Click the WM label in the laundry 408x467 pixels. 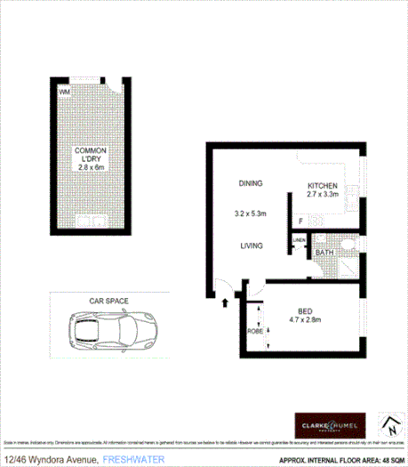pyautogui.click(x=64, y=92)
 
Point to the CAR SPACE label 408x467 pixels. pyautogui.click(x=108, y=302)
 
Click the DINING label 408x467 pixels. pyautogui.click(x=250, y=184)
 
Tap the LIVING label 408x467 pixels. pyautogui.click(x=250, y=246)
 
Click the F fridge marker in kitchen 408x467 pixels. pyautogui.click(x=300, y=221)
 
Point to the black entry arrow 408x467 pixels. pyautogui.click(x=224, y=302)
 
